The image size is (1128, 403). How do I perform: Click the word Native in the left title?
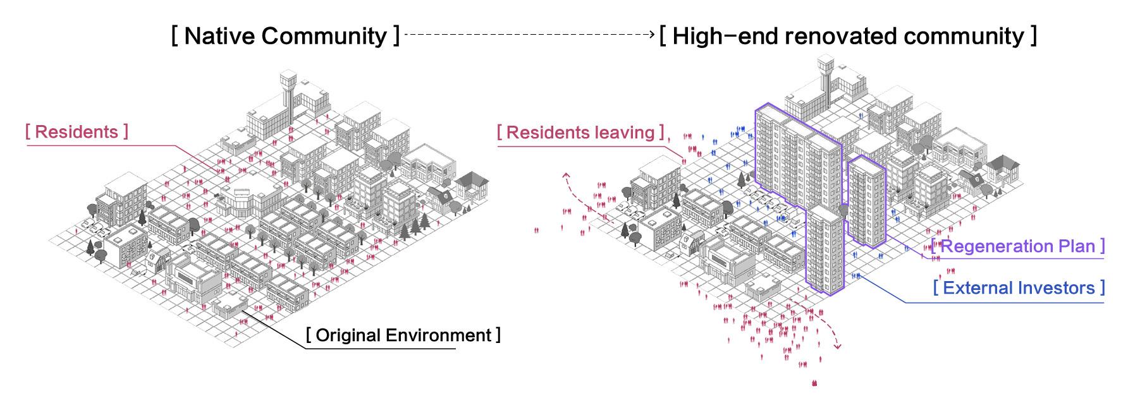(x=218, y=36)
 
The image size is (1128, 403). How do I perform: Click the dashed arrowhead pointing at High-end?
(x=653, y=35)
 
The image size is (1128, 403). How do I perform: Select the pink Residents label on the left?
(x=77, y=132)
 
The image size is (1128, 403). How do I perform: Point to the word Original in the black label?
(x=348, y=335)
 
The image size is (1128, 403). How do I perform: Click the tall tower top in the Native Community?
(x=288, y=81)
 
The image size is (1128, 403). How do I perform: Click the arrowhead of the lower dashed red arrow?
(x=838, y=346)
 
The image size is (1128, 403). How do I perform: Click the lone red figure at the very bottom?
(x=814, y=382)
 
